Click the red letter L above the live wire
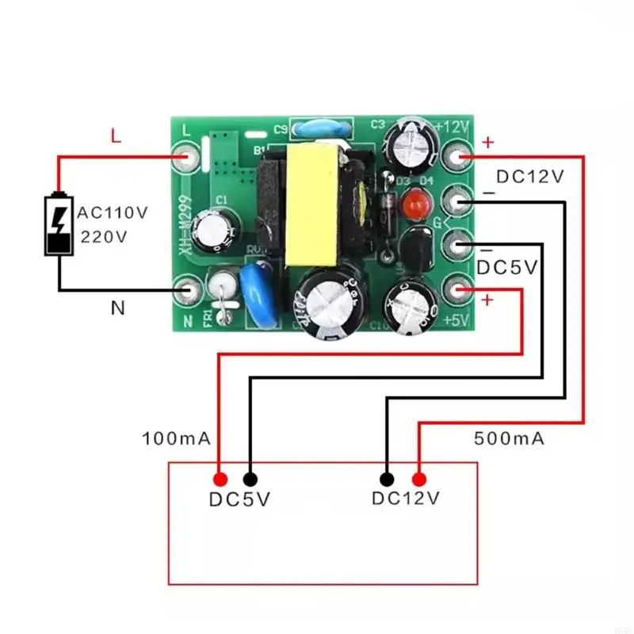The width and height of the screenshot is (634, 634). coord(116,137)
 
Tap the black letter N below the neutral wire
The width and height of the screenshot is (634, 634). coord(117,309)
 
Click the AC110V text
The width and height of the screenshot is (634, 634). coord(112,212)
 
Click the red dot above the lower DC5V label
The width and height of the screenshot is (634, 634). coord(220,479)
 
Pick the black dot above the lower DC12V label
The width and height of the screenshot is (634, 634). coord(387,479)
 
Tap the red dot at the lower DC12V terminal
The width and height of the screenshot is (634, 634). coord(418,479)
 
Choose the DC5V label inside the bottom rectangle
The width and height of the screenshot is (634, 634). coord(239,500)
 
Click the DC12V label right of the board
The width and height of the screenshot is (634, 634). coord(530,177)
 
